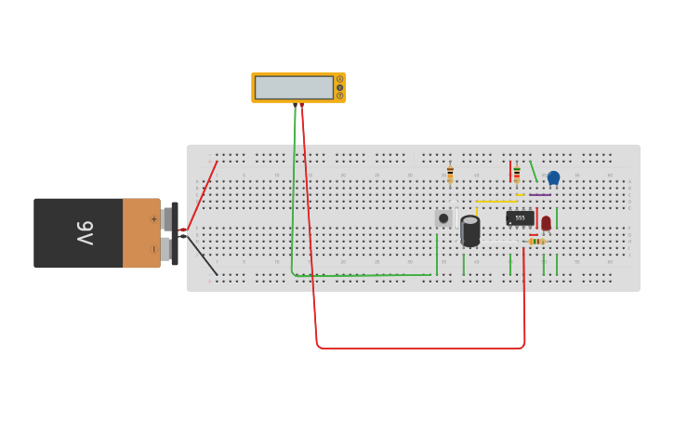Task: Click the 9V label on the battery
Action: [85, 232]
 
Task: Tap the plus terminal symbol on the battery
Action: [153, 219]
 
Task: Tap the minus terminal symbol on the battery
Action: [153, 249]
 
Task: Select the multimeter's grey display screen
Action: [294, 87]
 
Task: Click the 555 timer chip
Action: [520, 218]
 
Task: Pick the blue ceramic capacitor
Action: [553, 178]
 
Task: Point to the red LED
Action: [546, 223]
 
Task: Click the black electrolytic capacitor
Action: [470, 230]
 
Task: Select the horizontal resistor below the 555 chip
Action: [536, 242]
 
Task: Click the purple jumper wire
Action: [539, 195]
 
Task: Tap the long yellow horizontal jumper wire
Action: [496, 201]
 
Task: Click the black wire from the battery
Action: [202, 255]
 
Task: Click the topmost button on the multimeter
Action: [339, 79]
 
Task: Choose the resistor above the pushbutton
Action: [450, 175]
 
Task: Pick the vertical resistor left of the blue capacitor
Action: [517, 175]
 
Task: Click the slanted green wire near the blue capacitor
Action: [534, 172]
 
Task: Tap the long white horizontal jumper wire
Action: [501, 243]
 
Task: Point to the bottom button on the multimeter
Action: [339, 96]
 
